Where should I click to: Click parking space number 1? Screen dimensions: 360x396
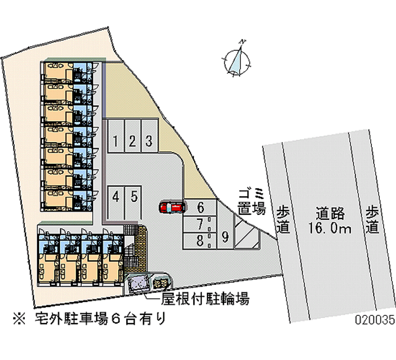pyautogui.click(x=114, y=142)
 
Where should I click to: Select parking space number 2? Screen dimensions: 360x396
pyautogui.click(x=132, y=142)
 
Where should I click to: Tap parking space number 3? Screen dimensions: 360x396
pyautogui.click(x=148, y=142)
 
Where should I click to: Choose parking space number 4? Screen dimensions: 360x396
pyautogui.click(x=115, y=197)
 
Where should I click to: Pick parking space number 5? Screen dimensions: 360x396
pyautogui.click(x=134, y=197)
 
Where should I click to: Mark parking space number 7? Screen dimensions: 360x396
pyautogui.click(x=199, y=224)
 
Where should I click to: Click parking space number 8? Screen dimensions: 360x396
pyautogui.click(x=199, y=241)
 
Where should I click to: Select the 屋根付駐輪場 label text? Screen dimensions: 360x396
pyautogui.click(x=204, y=299)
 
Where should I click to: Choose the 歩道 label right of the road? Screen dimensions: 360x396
pyautogui.click(x=373, y=219)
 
